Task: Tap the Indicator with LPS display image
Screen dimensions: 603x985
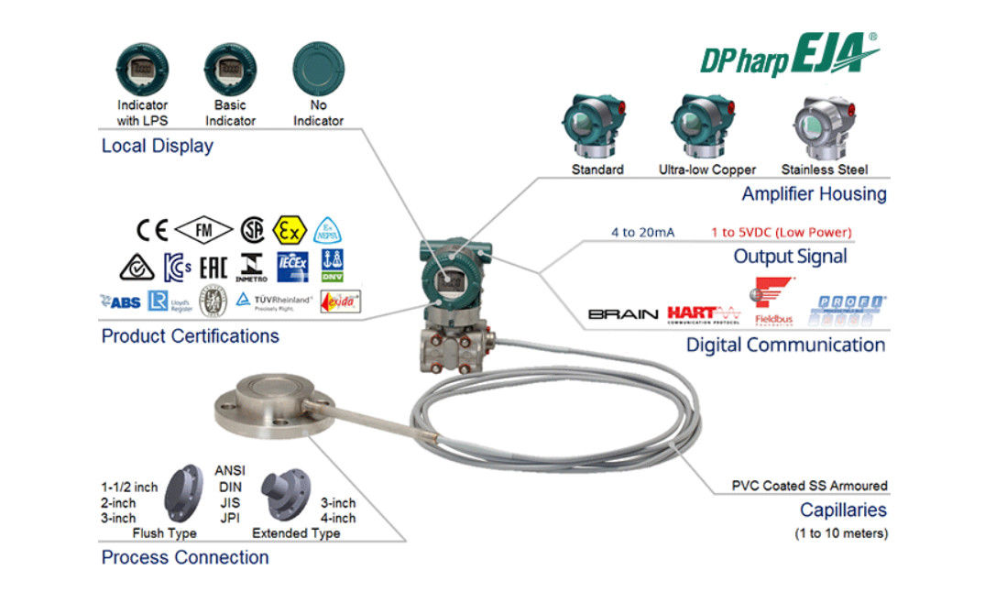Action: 142,68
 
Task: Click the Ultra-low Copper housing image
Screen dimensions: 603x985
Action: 706,125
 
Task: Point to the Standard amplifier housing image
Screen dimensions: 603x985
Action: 596,125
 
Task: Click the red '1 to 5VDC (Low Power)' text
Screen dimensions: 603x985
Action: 781,232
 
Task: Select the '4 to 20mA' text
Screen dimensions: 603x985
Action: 642,232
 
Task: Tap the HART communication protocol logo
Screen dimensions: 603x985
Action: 704,314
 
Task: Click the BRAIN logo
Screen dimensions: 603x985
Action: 623,314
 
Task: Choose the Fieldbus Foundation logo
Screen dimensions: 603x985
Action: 772,301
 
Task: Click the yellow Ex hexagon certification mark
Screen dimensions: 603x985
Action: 289,229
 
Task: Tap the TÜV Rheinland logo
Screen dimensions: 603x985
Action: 274,300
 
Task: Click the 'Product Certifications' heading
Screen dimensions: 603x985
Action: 190,336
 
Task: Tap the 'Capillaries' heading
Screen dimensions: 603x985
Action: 843,510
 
